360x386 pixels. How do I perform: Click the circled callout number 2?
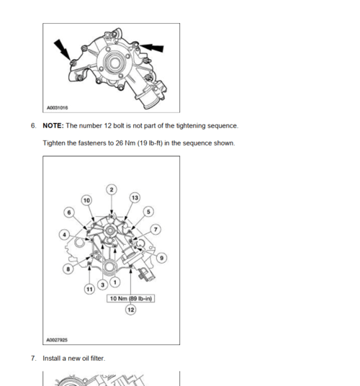112,189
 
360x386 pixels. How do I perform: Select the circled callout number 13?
135,197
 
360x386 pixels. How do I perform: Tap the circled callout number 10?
86,200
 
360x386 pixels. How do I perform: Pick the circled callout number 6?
69,212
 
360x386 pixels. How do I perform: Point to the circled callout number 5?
148,212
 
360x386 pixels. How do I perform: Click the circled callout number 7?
156,230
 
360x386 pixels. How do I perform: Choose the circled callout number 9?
162,258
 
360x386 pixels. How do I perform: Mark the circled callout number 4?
65,235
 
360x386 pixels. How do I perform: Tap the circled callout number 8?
68,269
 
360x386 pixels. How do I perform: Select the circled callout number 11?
89,289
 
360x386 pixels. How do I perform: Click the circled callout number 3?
103,285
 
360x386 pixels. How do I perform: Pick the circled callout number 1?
115,282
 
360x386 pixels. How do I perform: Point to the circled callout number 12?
131,310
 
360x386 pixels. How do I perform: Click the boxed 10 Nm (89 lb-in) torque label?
130,299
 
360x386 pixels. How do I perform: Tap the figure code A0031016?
58,108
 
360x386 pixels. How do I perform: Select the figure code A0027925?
57,340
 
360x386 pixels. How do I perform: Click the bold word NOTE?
53,126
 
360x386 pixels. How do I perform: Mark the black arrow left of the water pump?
62,50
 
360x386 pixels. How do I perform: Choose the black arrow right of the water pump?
151,48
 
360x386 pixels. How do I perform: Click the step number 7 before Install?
33,359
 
